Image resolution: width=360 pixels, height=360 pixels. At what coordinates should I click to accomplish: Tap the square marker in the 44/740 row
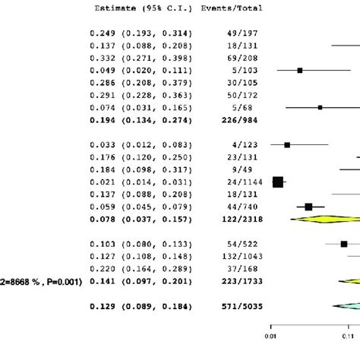308,206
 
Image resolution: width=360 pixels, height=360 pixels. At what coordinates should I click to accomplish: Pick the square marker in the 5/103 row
300,70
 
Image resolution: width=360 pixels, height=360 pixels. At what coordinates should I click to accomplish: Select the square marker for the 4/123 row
287,144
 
